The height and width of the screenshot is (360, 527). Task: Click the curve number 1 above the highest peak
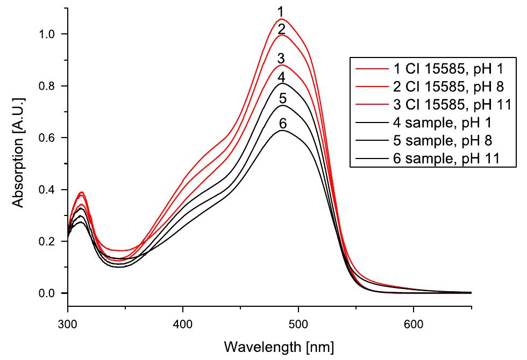point(280,11)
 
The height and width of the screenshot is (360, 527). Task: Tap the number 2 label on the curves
point(280,29)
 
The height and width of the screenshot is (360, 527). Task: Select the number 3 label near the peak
point(281,58)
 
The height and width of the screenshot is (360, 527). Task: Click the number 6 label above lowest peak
point(282,124)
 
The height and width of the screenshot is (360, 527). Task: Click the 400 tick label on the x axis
point(183,325)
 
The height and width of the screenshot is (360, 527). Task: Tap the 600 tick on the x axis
point(413,325)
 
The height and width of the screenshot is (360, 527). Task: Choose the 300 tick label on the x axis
point(68,325)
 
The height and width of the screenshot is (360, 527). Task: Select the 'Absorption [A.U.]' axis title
point(19,152)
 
